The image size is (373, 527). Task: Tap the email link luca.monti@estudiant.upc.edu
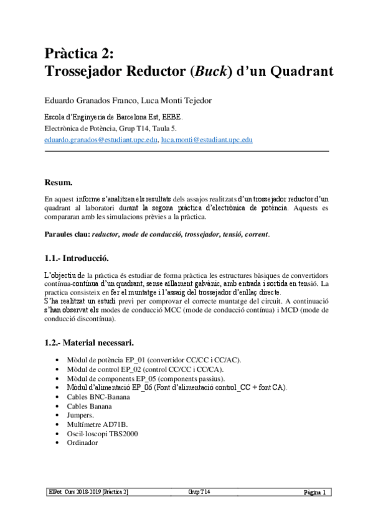pyautogui.click(x=206, y=140)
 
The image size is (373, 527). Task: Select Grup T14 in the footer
pyautogui.click(x=199, y=492)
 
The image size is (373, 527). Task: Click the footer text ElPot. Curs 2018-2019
pyautogui.click(x=74, y=492)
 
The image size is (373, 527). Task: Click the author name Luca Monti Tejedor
pyautogui.click(x=179, y=101)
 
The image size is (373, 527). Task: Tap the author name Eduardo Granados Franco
pyautogui.click(x=87, y=101)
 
